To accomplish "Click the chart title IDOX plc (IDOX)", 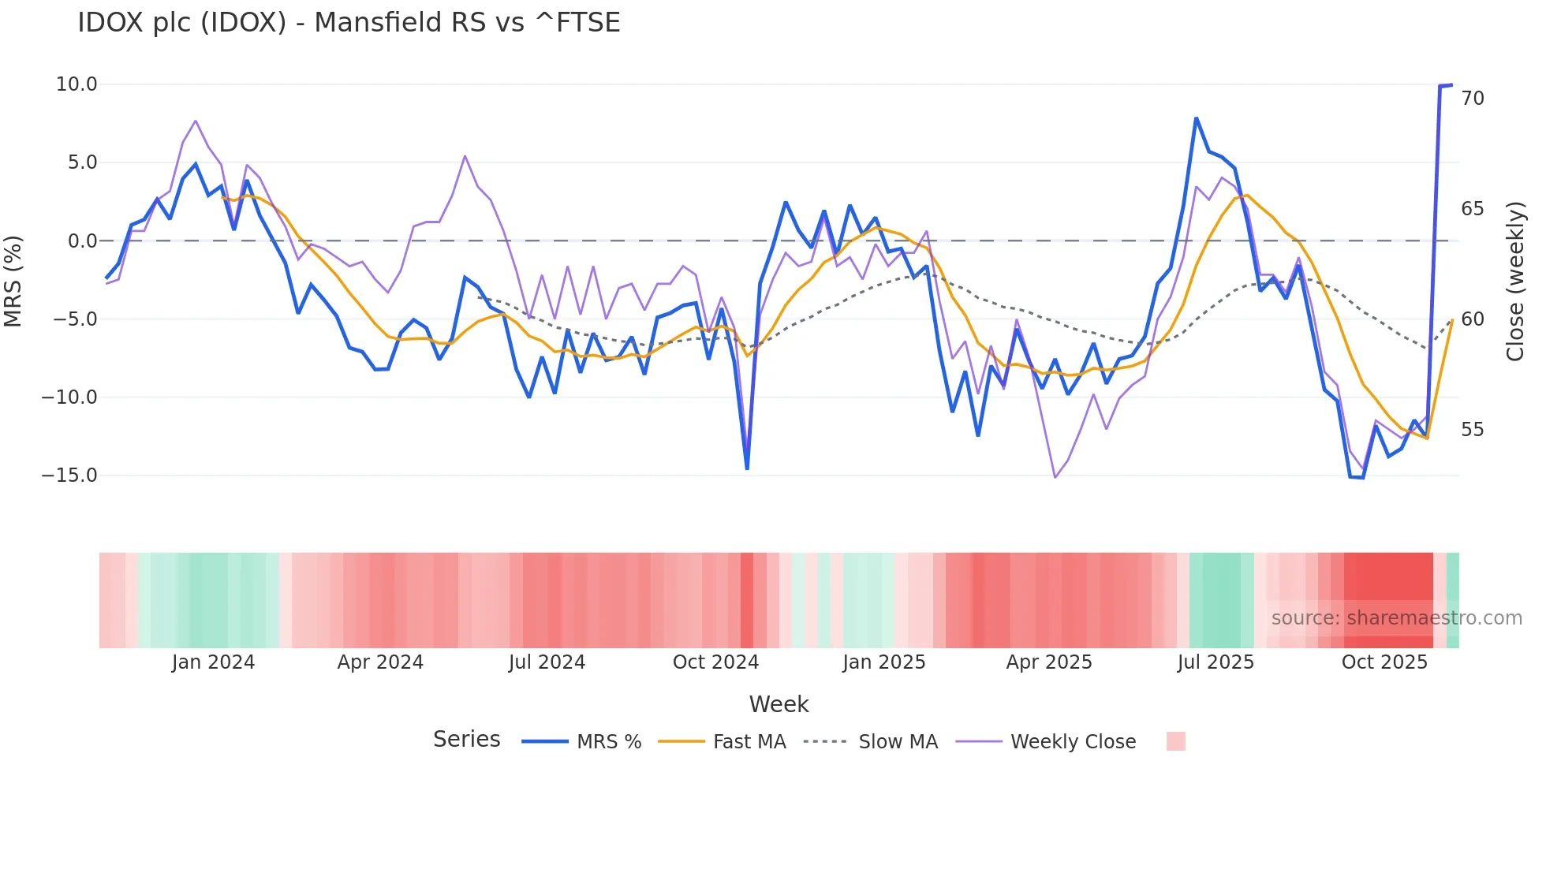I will coord(349,22).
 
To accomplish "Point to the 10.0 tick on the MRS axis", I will coord(77,84).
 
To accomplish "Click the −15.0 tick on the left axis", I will coord(69,476).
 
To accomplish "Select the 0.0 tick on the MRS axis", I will coord(82,241).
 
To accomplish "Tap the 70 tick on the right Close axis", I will coord(1473,99).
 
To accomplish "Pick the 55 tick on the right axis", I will coord(1473,430).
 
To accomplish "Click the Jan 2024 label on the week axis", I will coord(213,662).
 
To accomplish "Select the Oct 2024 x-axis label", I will coord(715,662).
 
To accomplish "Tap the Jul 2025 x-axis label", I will coord(1216,662).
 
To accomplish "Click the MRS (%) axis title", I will coord(13,281).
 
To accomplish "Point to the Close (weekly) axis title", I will coord(1515,281).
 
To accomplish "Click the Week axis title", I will coord(779,704).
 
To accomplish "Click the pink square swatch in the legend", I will coord(1175,741).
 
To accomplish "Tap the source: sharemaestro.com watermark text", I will coord(1396,618).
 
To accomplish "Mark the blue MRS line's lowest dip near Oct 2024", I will coord(747,468).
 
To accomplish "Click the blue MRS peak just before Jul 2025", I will coord(1196,119).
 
